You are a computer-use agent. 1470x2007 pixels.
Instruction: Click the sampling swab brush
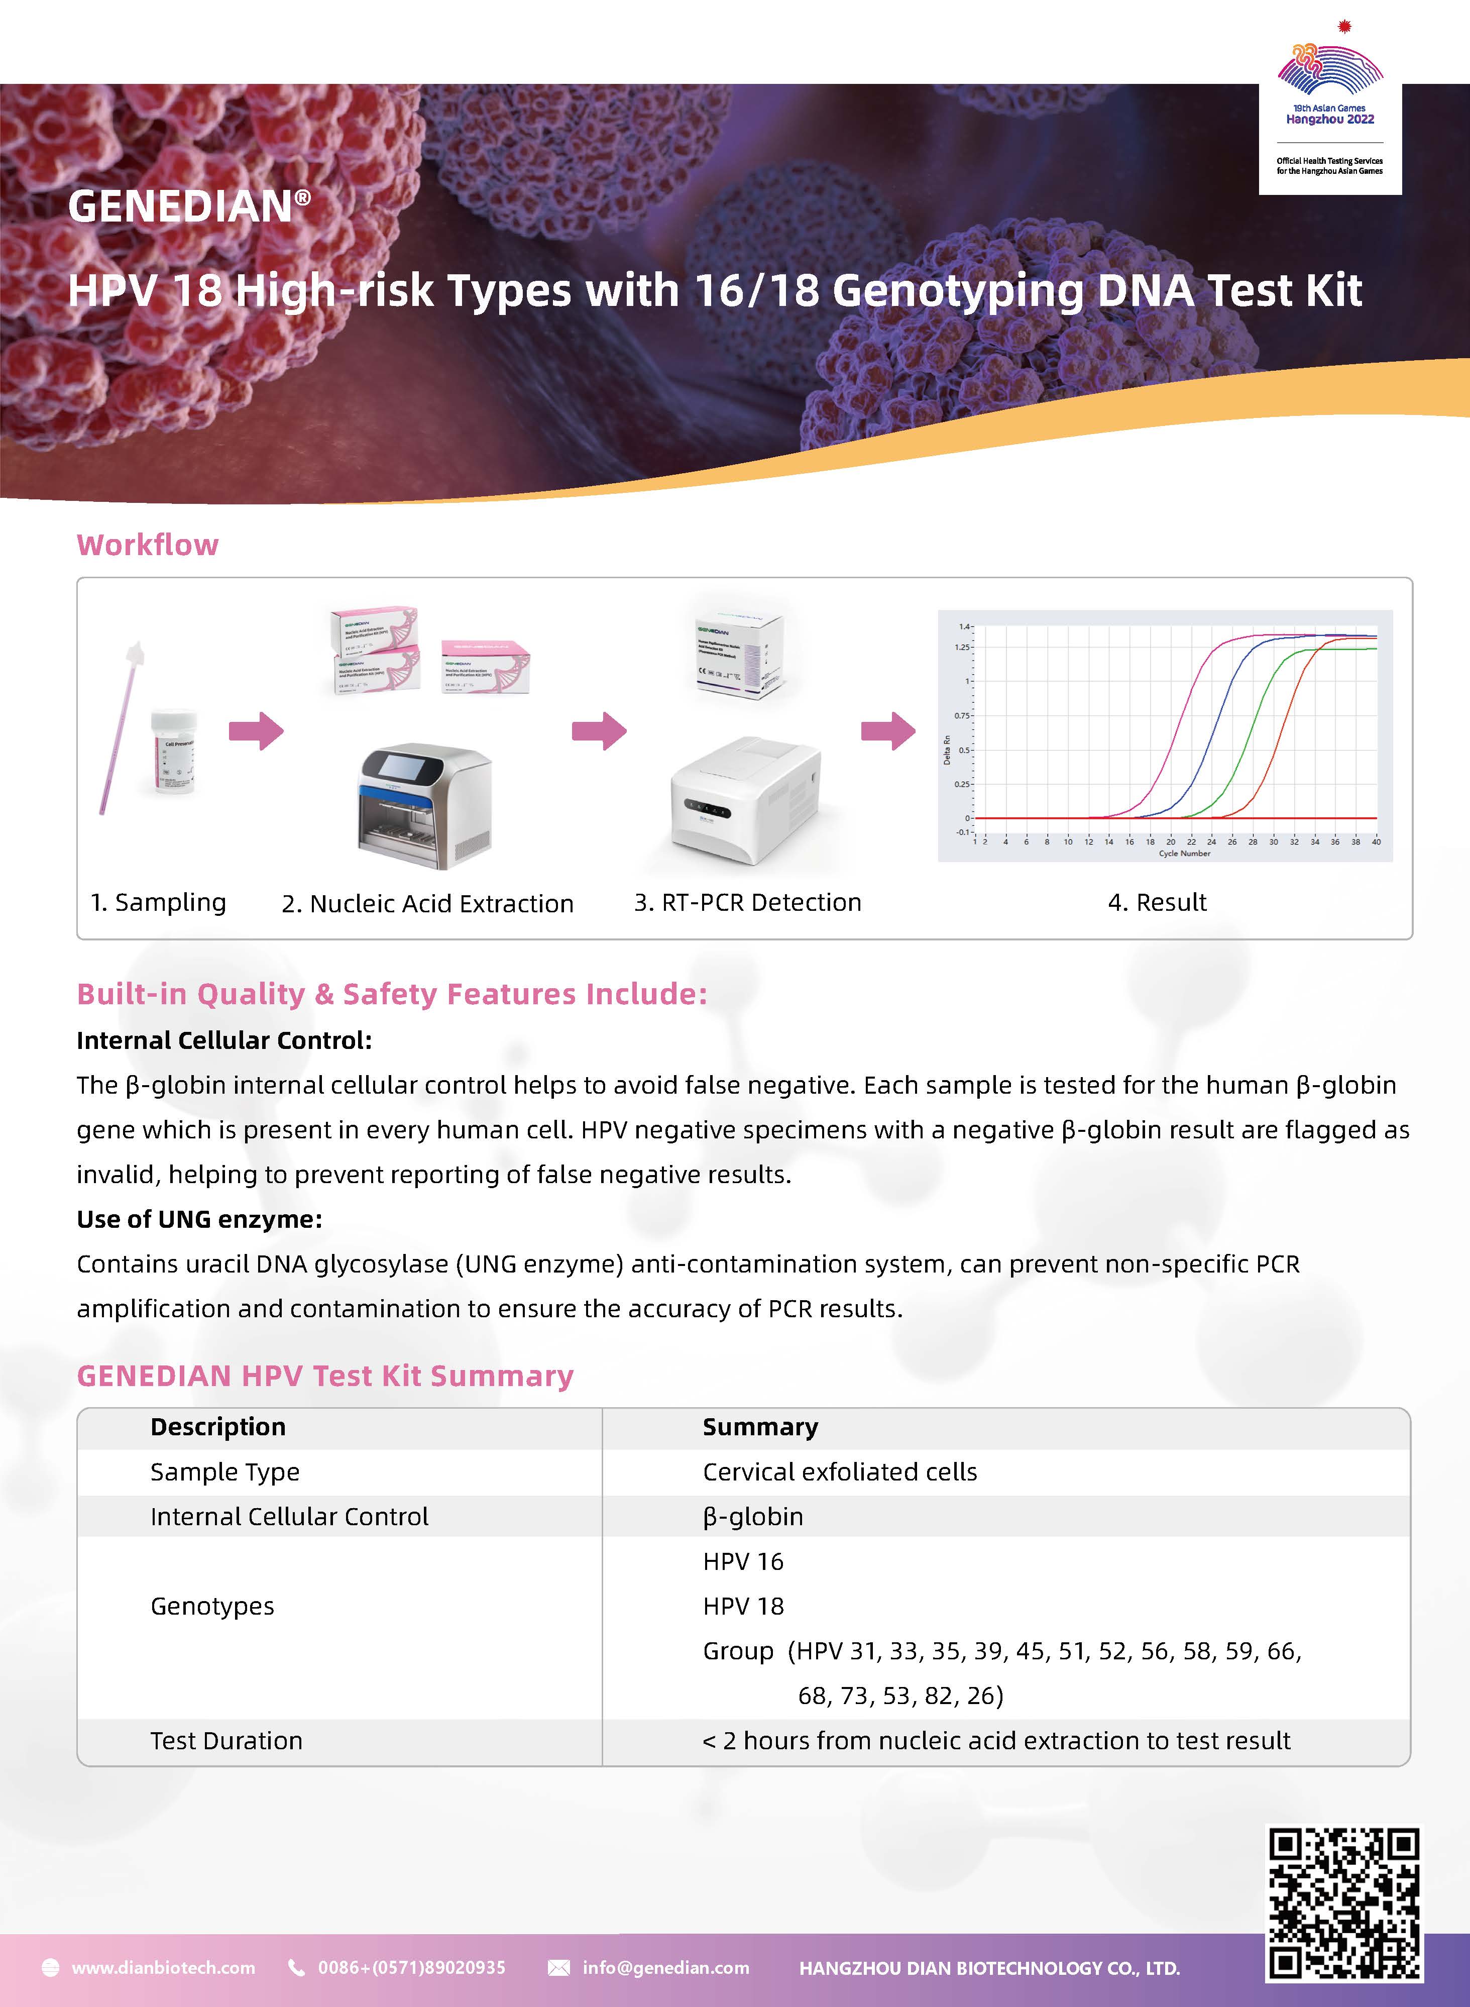point(120,725)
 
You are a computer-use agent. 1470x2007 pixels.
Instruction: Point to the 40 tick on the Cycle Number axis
point(1376,841)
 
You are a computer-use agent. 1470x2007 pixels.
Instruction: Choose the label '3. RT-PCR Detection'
point(747,902)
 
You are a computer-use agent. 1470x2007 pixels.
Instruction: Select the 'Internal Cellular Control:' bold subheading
point(224,1040)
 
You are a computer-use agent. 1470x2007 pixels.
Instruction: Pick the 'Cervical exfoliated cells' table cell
point(839,1472)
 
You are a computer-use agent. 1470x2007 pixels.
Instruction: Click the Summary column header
point(760,1427)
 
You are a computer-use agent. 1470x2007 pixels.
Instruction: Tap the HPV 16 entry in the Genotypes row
point(743,1561)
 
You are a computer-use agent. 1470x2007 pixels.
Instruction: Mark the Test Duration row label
point(226,1740)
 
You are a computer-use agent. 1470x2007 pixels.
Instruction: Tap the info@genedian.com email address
point(665,1968)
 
